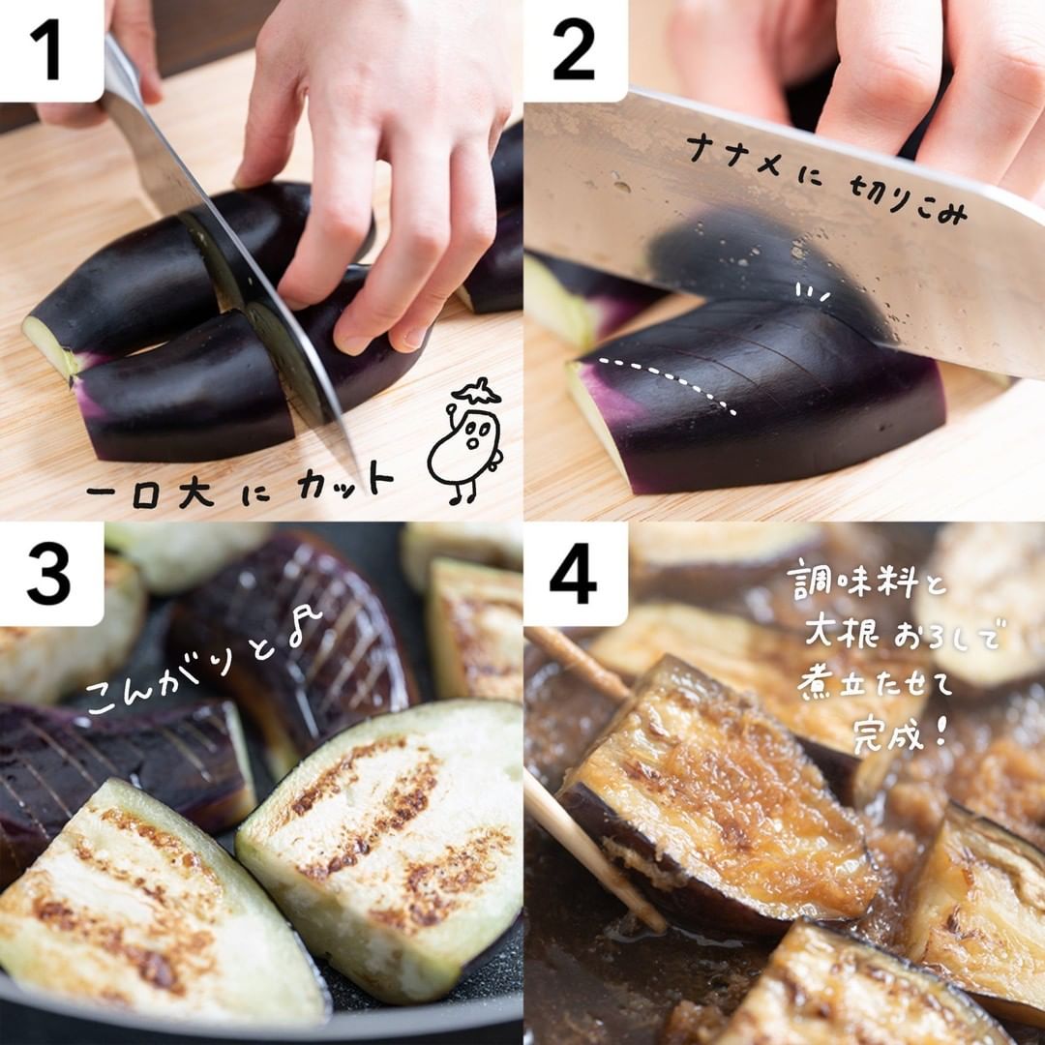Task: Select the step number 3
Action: [48, 574]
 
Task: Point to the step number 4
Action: [573, 574]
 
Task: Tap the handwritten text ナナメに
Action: [754, 158]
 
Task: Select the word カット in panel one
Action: [345, 481]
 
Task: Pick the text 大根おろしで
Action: [903, 633]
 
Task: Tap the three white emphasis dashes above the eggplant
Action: [813, 291]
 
